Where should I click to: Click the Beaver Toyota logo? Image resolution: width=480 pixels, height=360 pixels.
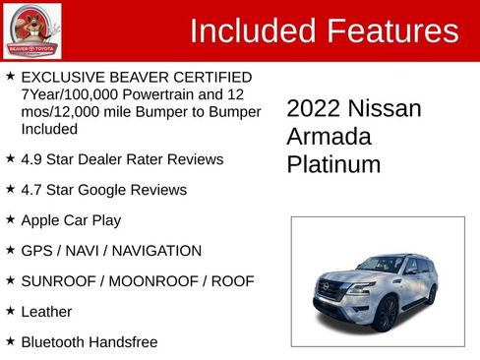pyautogui.click(x=32, y=30)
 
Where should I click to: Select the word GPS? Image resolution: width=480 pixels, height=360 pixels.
pyautogui.click(x=38, y=251)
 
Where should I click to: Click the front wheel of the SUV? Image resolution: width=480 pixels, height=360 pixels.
pyautogui.click(x=385, y=314)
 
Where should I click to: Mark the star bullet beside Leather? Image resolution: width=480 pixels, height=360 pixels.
pyautogui.click(x=10, y=311)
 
